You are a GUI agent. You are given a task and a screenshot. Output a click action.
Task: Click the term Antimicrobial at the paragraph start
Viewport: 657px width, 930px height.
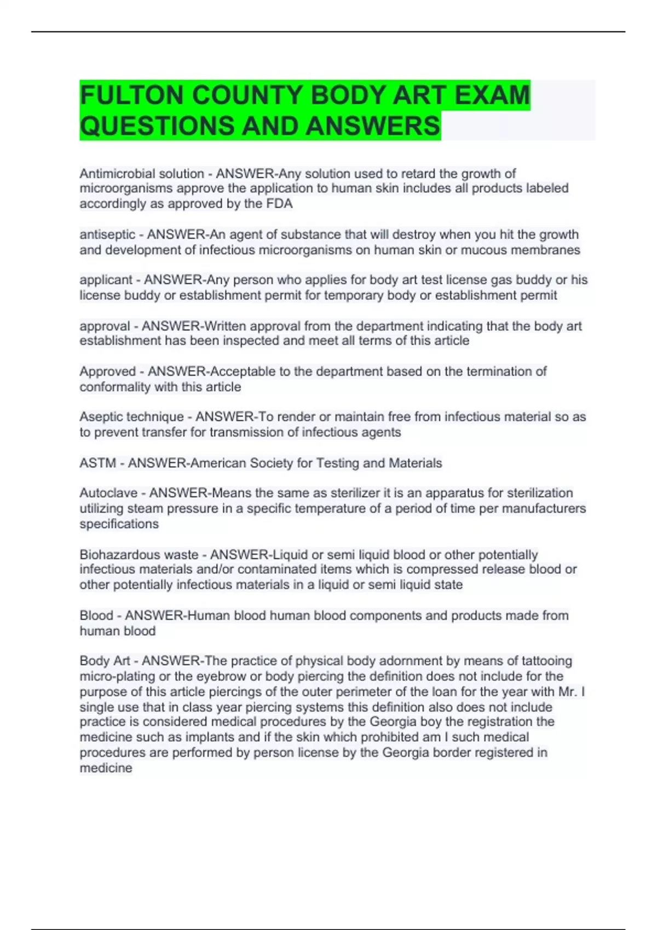click(114, 173)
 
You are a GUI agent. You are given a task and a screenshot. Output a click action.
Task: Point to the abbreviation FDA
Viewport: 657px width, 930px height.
click(280, 204)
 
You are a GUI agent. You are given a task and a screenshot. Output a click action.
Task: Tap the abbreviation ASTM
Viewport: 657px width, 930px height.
click(97, 463)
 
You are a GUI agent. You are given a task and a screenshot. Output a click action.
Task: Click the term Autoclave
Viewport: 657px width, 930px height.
click(108, 493)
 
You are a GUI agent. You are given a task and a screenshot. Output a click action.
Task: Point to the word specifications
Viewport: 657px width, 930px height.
click(119, 524)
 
